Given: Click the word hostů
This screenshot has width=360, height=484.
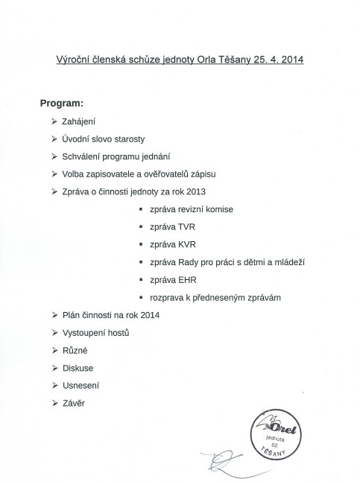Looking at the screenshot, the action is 117,334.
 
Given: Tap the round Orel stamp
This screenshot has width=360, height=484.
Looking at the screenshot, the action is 279,435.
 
